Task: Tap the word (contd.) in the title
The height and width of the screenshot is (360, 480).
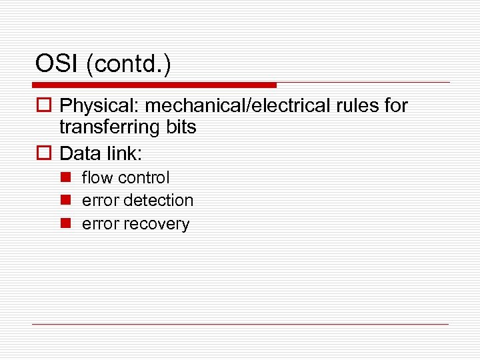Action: click(x=129, y=64)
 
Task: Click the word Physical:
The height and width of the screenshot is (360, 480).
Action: click(x=99, y=106)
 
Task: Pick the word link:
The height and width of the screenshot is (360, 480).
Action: click(x=123, y=153)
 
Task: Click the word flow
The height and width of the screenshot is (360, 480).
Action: click(x=94, y=178)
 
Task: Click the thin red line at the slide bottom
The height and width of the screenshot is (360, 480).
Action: click(x=240, y=325)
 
